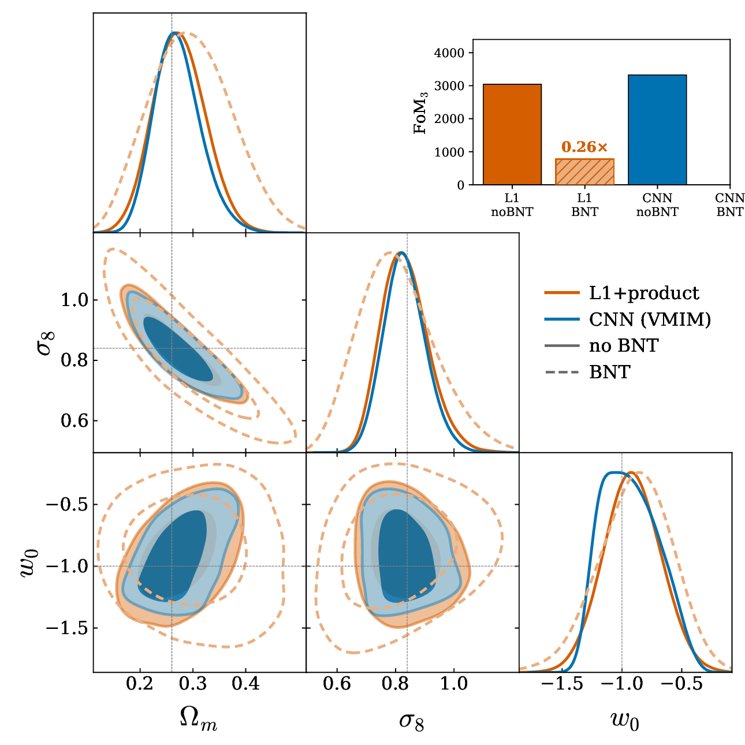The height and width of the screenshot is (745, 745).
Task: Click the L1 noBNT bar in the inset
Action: coord(512,134)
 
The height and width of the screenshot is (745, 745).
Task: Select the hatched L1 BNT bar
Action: coord(584,172)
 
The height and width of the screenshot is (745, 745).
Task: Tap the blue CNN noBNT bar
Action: coord(657,129)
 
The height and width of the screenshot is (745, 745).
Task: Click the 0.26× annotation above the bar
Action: coord(584,147)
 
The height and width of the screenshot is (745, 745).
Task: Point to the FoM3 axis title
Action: coord(420,113)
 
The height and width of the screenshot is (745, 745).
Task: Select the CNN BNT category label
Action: coord(729,205)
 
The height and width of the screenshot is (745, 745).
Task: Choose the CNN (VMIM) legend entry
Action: coord(628,319)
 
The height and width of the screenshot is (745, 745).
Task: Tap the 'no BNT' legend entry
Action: coord(602,345)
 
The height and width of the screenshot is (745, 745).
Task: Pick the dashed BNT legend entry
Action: coord(588,372)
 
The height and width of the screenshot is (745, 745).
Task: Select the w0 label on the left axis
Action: coord(30,563)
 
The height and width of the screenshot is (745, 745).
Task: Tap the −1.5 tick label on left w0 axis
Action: coord(66,628)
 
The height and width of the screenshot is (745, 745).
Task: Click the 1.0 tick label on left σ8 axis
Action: coord(74,300)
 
